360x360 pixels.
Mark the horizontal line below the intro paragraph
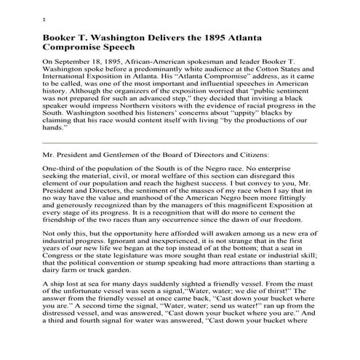[180, 143]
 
